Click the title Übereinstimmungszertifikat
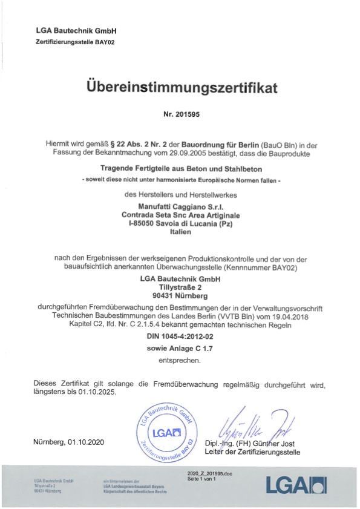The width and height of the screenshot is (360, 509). [x=180, y=88]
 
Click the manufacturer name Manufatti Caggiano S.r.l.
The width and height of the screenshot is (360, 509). [x=180, y=206]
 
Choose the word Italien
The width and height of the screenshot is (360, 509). [x=180, y=232]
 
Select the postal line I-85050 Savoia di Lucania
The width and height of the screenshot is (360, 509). [x=180, y=223]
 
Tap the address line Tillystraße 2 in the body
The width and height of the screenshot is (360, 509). [x=180, y=287]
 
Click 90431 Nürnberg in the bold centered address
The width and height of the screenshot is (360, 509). [x=180, y=296]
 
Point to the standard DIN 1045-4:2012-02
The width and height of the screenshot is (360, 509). [x=180, y=337]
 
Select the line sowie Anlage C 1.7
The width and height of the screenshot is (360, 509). [x=180, y=349]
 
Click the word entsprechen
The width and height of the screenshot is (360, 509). [x=180, y=361]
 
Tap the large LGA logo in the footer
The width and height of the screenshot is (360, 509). [x=296, y=485]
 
